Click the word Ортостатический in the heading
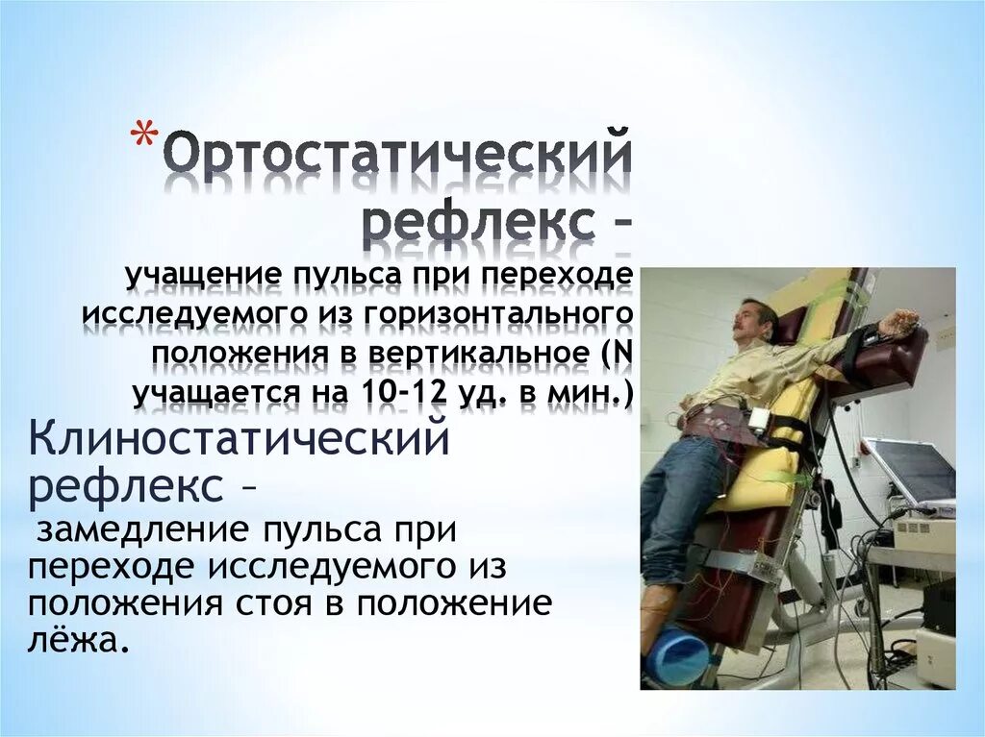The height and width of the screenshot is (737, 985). (x=396, y=158)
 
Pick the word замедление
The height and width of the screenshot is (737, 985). (x=137, y=528)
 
